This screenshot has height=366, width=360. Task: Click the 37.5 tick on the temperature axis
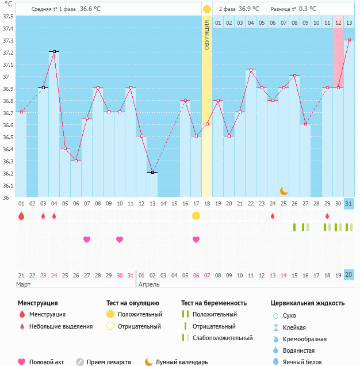pos(8,16)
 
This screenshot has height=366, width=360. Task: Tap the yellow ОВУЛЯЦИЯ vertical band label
pos(206,35)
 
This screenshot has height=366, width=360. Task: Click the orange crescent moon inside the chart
pos(284,190)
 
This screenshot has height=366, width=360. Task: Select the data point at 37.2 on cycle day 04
pos(54,51)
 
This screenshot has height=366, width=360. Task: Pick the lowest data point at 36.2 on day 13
pos(152,172)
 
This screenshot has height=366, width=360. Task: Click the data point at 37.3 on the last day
pos(349,40)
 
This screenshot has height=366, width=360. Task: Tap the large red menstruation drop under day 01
pos(21,216)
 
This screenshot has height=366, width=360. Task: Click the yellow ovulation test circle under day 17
pos(196,216)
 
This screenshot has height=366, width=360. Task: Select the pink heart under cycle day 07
pos(87,239)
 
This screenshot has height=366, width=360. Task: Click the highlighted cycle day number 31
pos(349,204)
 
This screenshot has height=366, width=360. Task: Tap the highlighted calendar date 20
pos(349,275)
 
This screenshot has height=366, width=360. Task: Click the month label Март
pos(24,284)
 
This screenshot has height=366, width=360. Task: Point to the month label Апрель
pos(150,284)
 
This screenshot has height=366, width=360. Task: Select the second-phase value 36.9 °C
pos(249,9)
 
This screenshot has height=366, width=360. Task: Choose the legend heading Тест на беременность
pos(214,303)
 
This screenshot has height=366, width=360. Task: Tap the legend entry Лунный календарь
pos(182,362)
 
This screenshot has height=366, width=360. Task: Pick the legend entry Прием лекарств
pos(109,362)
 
